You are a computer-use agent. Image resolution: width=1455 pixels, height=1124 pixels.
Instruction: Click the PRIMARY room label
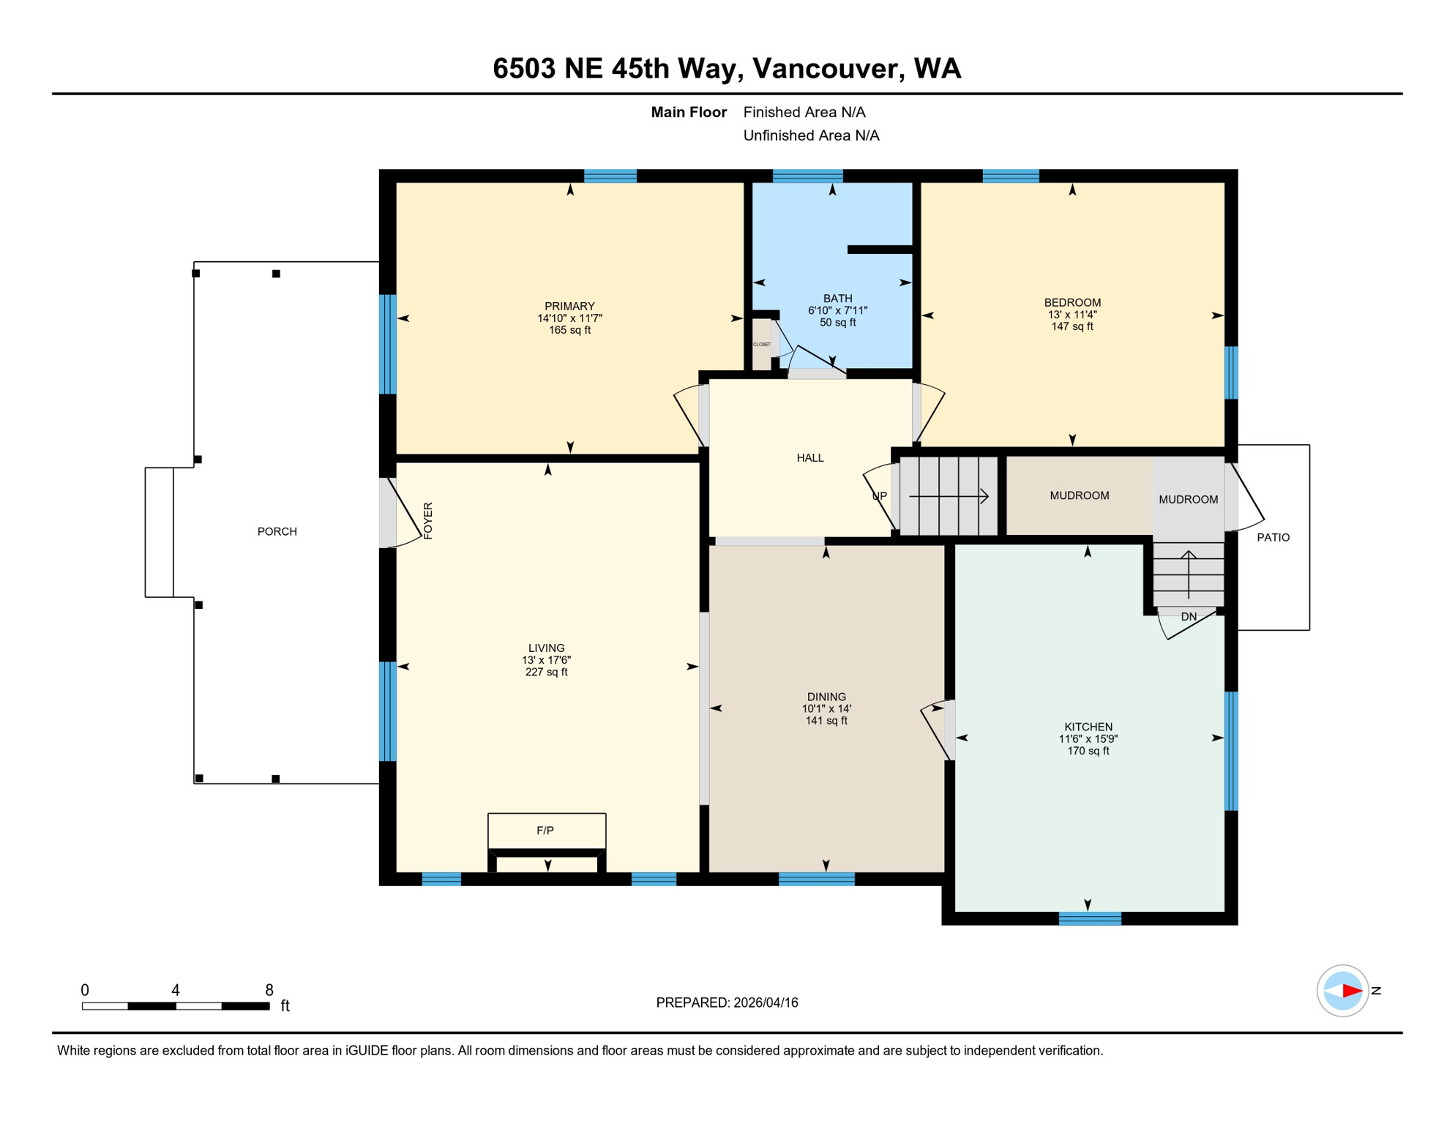coord(569,306)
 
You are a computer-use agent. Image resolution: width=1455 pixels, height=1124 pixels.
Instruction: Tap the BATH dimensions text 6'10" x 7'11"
coord(837,310)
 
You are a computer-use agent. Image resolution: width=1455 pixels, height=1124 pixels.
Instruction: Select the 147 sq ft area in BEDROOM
coord(1072,326)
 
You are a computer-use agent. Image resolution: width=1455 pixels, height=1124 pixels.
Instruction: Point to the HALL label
coord(810,458)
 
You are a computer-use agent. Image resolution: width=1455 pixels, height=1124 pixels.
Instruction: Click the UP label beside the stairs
coord(879,496)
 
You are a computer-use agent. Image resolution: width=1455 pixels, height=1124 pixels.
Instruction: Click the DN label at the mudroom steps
coord(1189,617)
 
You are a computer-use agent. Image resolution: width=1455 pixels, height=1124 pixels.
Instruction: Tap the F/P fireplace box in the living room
coord(546,831)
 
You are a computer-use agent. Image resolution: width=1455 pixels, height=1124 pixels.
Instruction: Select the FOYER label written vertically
coord(428,521)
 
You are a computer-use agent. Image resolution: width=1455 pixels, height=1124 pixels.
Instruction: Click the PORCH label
coord(277,531)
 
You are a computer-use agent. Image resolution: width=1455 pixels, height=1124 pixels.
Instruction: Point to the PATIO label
coord(1273,537)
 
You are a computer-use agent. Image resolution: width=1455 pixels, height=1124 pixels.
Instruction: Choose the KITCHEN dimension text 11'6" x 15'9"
coord(1088,739)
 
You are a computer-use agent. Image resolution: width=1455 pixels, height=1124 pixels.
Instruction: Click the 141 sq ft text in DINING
coord(826,721)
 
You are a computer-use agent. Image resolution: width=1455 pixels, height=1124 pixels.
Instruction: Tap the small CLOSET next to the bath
coord(762,345)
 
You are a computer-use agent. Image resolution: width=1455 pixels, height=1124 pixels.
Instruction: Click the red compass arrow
coord(1351,991)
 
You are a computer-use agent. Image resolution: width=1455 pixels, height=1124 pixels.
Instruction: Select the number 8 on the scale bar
coord(269,990)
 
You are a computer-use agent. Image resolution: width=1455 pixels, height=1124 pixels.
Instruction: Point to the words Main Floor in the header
coord(688,112)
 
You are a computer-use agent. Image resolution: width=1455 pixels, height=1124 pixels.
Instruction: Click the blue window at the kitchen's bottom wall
coord(1090,918)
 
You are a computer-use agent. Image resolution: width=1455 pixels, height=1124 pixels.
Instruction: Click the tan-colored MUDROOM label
coord(1079,495)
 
